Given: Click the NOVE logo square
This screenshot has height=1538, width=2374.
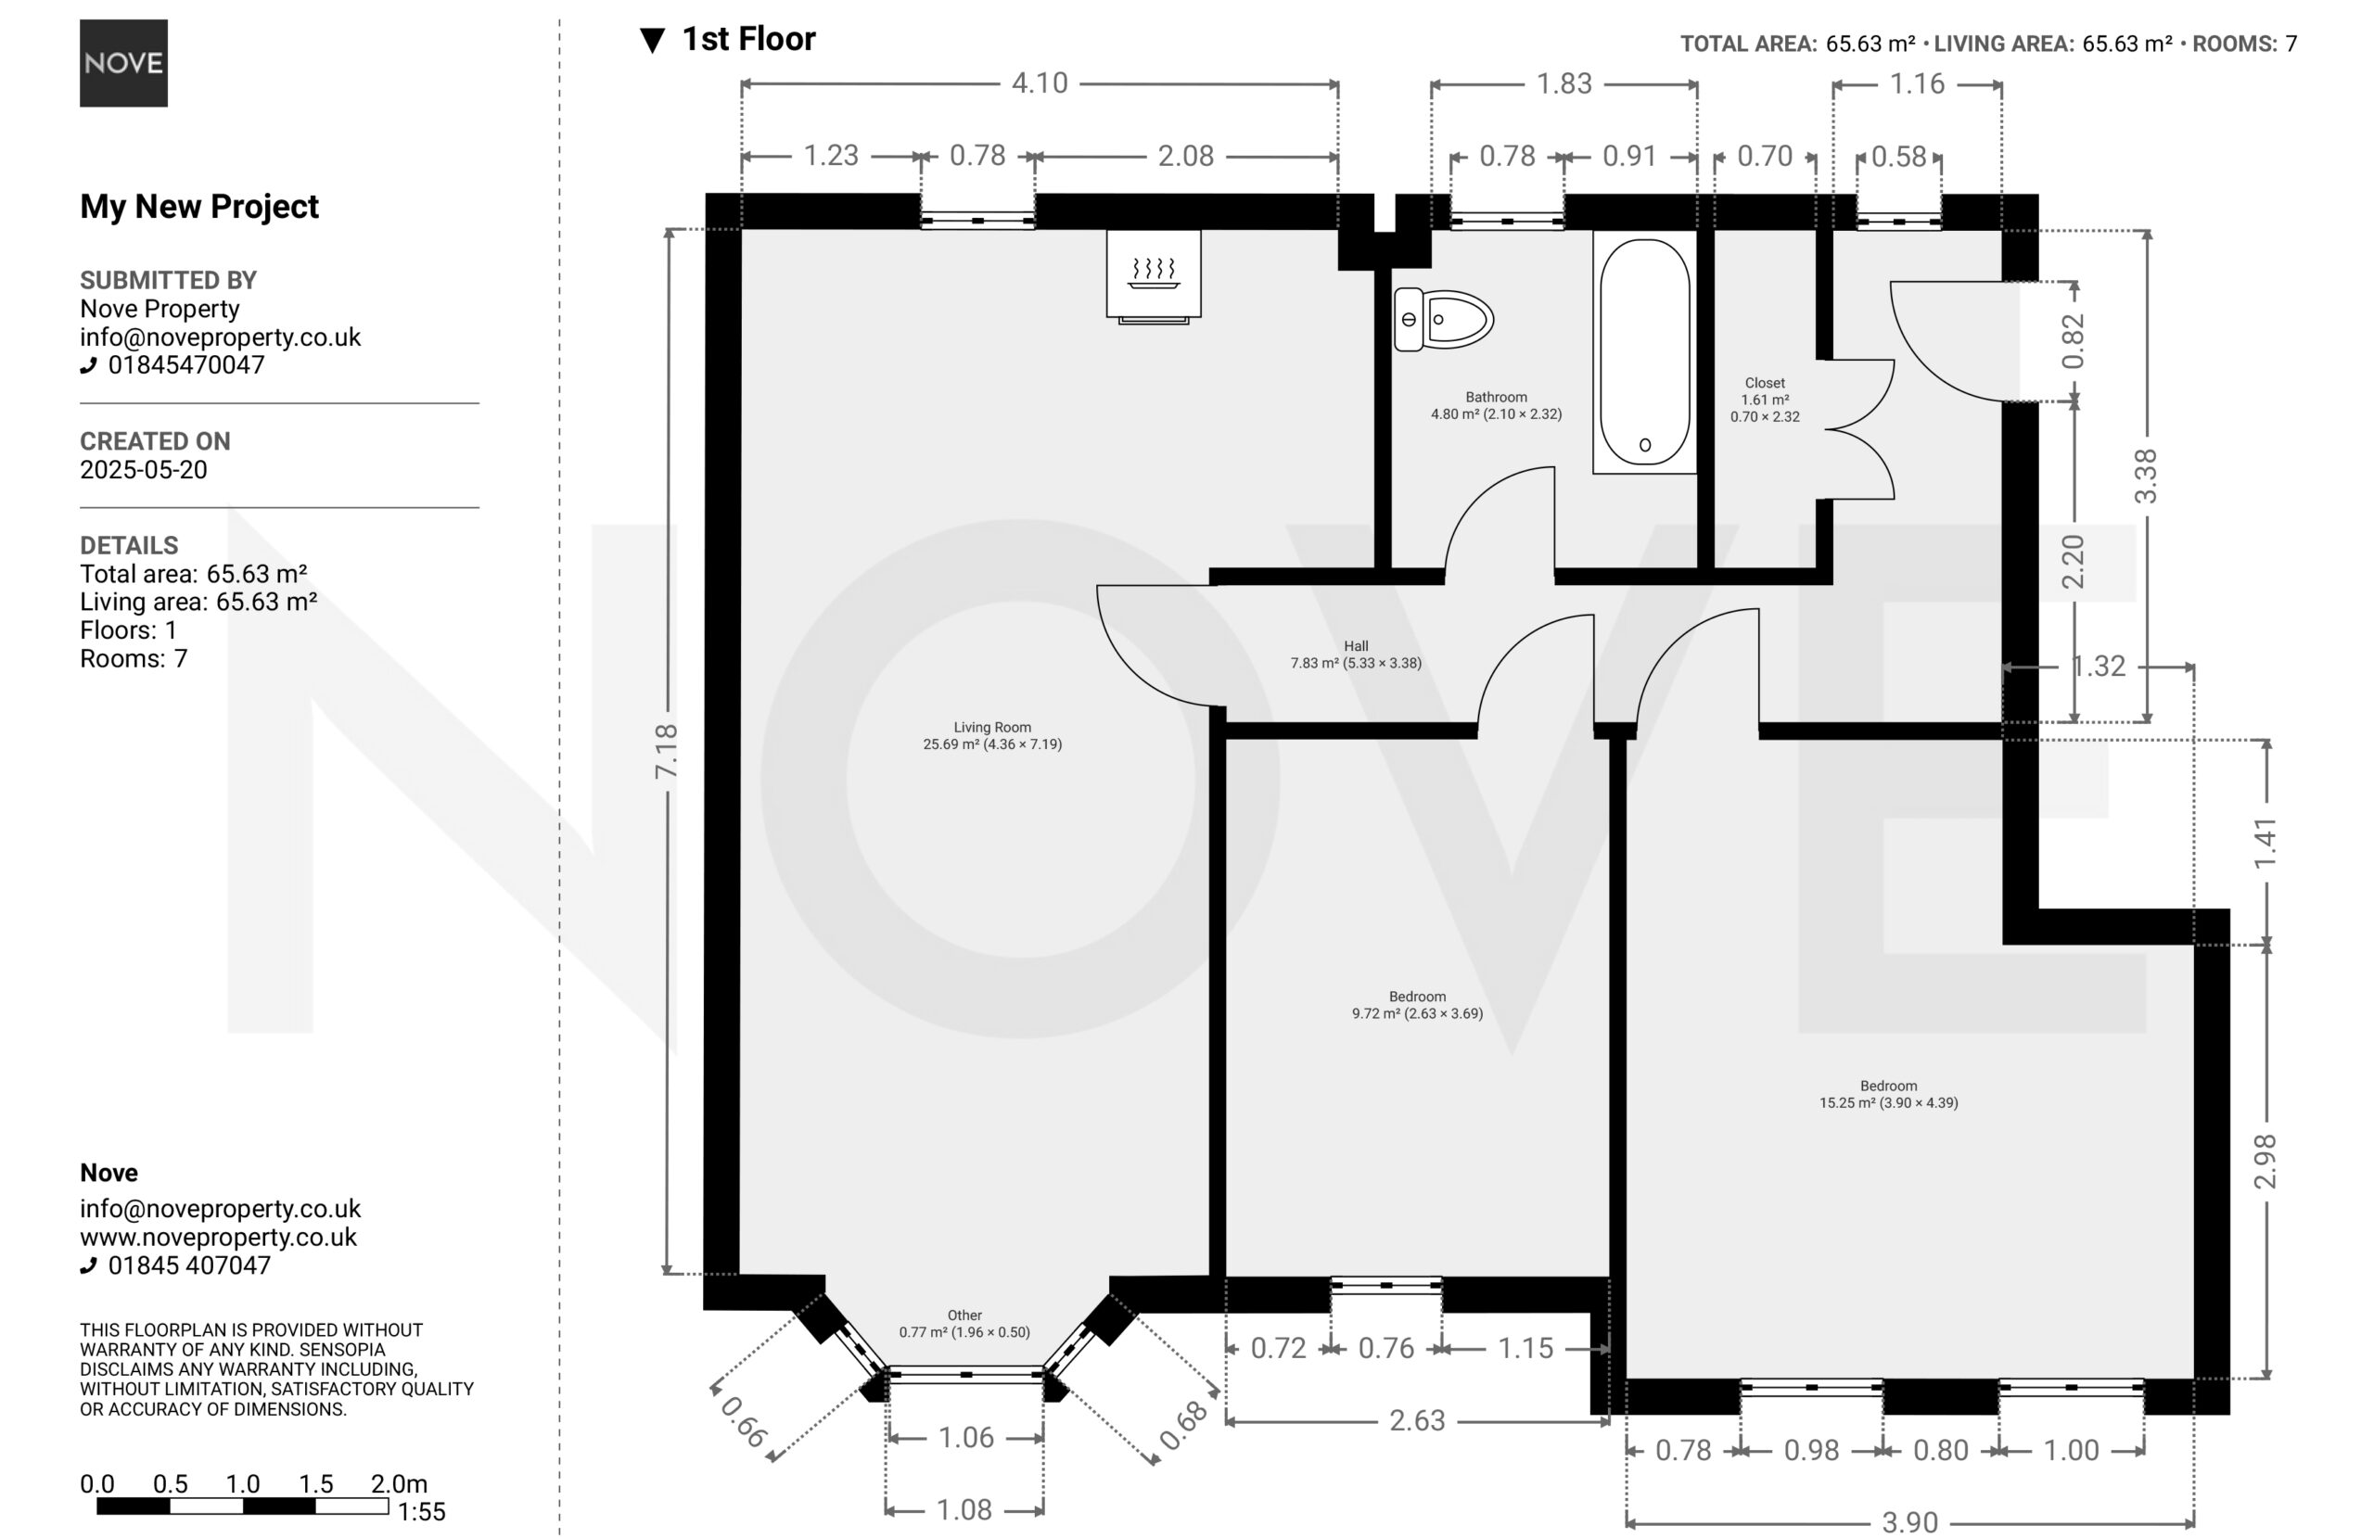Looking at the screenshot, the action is coord(123,63).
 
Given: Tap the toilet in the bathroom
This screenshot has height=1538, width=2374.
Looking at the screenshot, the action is coord(1442,319).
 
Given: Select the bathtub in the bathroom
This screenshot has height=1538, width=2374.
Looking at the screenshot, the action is coord(1645,352).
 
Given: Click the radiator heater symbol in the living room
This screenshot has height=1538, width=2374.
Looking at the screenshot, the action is coord(1153,276).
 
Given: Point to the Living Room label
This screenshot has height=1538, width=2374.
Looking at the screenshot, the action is coord(992,736).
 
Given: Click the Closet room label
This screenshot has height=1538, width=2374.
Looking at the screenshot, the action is coord(1765,400).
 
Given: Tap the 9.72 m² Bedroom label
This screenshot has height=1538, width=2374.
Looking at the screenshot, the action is coord(1417,1004).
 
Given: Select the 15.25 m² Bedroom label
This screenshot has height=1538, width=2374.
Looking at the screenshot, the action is coord(1888,1094).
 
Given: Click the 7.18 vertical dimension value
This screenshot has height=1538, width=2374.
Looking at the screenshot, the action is coord(667,751).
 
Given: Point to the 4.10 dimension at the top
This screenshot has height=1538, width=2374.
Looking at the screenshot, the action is coord(1040,83).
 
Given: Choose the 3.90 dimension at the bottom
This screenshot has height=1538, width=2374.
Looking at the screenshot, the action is coord(1909,1522).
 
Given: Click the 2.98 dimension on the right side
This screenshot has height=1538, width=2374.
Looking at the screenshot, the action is coord(2266,1161).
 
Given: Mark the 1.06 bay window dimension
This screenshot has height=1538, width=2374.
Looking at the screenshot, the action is coord(965,1437).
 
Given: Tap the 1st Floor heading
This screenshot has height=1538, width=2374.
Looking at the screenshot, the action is coord(748,39).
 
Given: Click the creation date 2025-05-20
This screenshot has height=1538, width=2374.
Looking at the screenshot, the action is coord(144,470).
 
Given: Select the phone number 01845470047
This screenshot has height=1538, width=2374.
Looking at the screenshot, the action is coord(185,365).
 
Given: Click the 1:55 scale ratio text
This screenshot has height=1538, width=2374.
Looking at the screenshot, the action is coord(421,1512).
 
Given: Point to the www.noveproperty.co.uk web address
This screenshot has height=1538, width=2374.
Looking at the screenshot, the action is coord(219,1238).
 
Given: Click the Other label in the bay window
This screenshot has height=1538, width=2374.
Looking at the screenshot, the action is coord(964,1316).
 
